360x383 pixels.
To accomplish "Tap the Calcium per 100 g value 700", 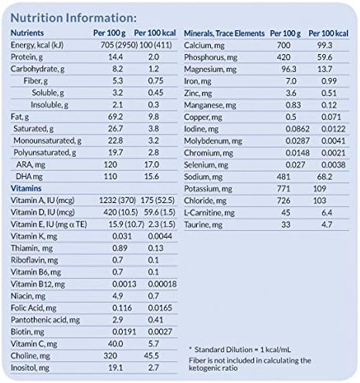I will coord(284,48).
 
